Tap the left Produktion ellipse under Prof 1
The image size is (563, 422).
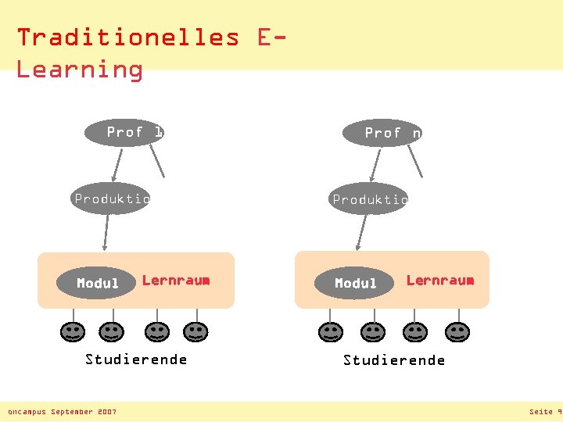109,198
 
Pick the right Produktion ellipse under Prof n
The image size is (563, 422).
368,199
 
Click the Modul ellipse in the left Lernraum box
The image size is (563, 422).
98,283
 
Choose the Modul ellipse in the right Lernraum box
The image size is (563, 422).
356,283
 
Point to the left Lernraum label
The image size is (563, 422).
176,280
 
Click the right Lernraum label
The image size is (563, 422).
439,280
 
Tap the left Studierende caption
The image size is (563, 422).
136,359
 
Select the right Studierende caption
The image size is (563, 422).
394,360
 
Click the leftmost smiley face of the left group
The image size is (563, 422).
72,333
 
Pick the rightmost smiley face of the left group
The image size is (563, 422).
195,333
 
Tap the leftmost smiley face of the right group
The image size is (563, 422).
331,333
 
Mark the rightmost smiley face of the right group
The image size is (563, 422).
457,333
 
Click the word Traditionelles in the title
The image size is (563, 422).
128,37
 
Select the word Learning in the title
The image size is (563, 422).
80,69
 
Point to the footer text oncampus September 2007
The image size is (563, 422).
62,412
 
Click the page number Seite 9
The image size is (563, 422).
545,412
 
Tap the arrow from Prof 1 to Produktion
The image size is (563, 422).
117,165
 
